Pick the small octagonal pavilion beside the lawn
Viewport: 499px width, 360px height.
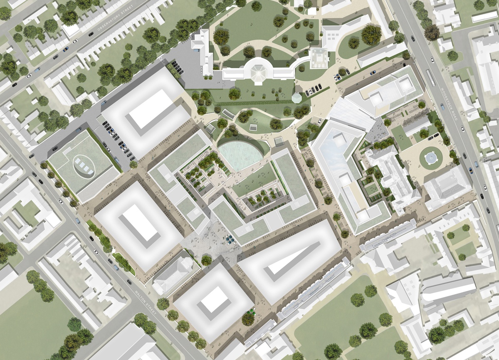pyautogui.click(x=296, y=98)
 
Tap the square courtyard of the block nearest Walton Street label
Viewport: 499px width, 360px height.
pyautogui.click(x=215, y=299)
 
